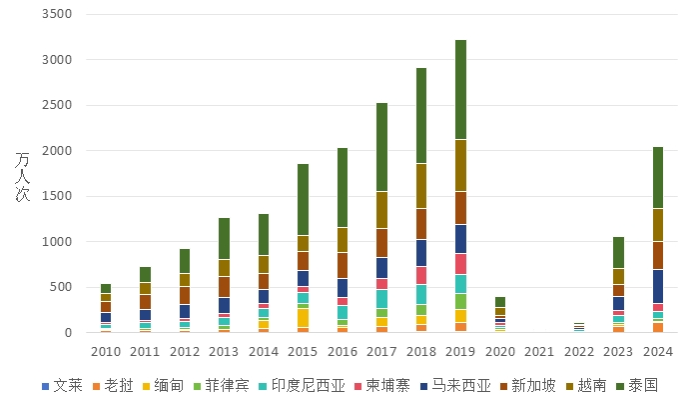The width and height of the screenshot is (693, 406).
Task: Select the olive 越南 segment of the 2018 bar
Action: click(421, 186)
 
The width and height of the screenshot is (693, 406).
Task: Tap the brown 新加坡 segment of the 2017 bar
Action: click(381, 243)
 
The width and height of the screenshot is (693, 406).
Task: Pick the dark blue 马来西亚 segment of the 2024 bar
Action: click(658, 287)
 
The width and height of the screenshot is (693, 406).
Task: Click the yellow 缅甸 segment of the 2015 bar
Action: click(303, 318)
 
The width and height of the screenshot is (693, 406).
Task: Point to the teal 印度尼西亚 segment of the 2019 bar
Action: click(461, 284)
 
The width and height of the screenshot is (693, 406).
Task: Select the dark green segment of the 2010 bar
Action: click(106, 288)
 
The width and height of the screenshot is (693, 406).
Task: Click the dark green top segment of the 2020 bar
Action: click(500, 302)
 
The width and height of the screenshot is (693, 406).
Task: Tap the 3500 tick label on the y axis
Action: click(59, 14)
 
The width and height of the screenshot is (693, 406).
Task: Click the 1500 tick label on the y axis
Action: click(59, 196)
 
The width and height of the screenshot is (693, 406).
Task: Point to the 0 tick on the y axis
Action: click(68, 332)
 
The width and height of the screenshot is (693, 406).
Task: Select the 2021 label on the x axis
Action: click(539, 351)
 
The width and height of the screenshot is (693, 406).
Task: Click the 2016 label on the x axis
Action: click(343, 351)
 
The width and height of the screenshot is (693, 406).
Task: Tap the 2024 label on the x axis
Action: click(658, 351)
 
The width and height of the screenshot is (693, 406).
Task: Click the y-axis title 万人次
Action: click(22, 176)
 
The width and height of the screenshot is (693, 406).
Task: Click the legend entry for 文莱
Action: click(62, 385)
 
